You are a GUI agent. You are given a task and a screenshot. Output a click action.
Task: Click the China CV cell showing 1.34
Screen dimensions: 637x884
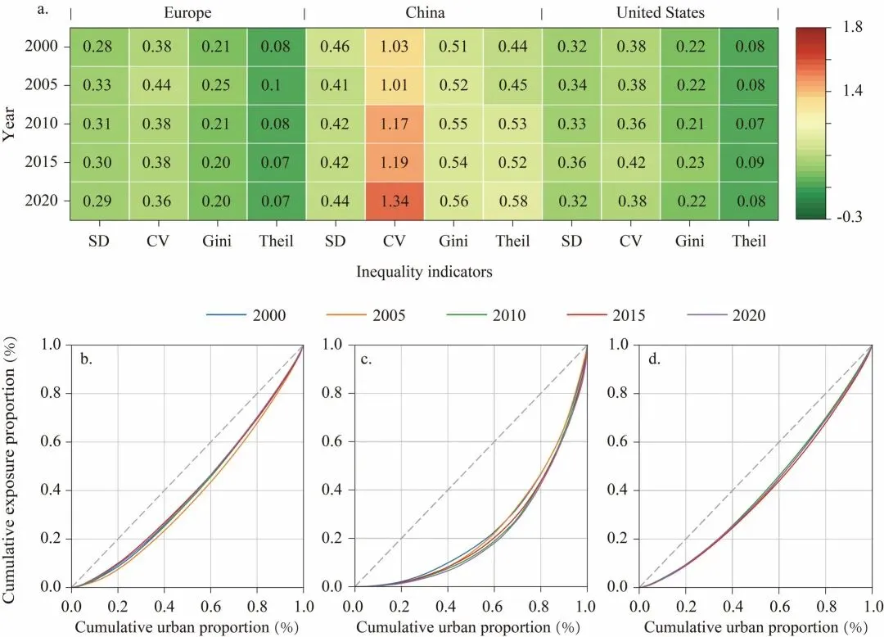[x=395, y=200]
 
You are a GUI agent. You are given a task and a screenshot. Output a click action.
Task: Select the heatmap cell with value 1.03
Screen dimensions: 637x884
[x=395, y=46]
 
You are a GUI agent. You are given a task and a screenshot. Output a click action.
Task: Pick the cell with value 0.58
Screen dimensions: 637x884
[x=512, y=200]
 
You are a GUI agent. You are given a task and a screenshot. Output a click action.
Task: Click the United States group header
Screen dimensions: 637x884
[x=660, y=12]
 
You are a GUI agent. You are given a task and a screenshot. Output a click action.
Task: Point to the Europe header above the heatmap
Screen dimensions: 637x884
[x=187, y=12]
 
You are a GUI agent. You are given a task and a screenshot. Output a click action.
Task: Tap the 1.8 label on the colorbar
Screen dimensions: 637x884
[x=852, y=27]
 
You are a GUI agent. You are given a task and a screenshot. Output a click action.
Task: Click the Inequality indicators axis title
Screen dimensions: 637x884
[x=424, y=272]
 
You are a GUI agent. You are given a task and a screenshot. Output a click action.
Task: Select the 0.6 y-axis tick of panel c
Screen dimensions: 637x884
[x=336, y=442]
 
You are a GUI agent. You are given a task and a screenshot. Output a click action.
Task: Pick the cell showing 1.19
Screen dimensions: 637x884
[x=395, y=161]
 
